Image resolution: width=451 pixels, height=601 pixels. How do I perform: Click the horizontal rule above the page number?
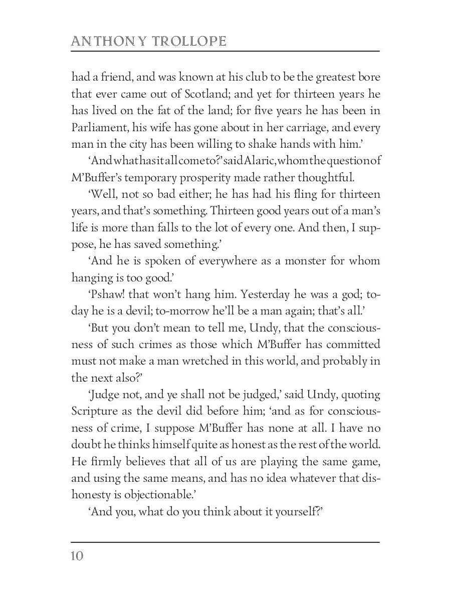[x=225, y=541]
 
